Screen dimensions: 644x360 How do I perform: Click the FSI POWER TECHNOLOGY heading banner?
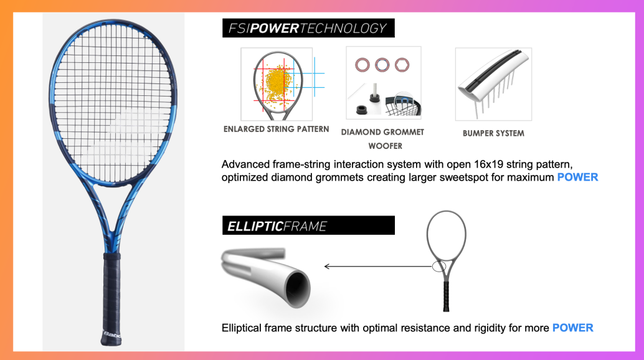click(308, 28)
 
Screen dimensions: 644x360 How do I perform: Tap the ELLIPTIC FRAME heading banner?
click(308, 225)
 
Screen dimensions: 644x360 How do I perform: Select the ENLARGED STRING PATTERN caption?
click(276, 129)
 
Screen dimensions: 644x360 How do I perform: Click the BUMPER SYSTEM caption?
click(493, 133)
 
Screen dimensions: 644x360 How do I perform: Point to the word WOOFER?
click(386, 146)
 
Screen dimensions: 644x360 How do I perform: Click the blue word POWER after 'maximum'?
click(577, 178)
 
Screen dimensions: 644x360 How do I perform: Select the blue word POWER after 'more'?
click(572, 328)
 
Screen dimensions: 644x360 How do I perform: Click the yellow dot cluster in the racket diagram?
click(276, 82)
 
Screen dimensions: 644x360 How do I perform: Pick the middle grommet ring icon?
click(382, 65)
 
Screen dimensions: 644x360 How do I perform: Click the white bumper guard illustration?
click(493, 78)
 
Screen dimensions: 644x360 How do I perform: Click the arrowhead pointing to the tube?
click(327, 267)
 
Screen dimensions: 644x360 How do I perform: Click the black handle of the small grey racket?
click(446, 295)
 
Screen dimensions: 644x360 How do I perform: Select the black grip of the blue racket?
click(111, 298)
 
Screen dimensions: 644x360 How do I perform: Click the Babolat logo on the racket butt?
click(112, 335)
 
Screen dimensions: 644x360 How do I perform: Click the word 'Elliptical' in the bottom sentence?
click(241, 328)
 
